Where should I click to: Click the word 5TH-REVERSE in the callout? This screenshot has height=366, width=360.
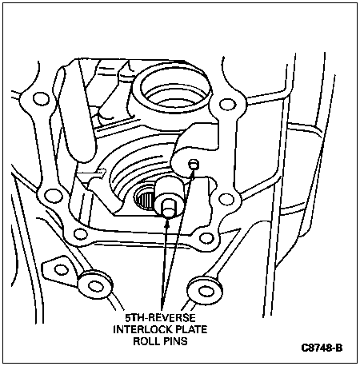pos(161,318)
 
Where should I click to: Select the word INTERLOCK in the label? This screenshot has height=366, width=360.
pos(140,329)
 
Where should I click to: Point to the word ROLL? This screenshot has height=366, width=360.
pos(146,341)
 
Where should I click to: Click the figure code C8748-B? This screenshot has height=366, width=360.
pos(322,348)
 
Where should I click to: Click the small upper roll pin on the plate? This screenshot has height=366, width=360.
pos(194,164)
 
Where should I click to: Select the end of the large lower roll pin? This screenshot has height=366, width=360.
pos(168,208)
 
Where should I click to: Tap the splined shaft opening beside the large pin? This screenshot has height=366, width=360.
pos(143,199)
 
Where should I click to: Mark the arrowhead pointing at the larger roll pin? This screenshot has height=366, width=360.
pos(167,225)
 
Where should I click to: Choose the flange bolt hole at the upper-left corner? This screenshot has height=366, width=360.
pos(41,98)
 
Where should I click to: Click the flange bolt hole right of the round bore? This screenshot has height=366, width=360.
pos(227,104)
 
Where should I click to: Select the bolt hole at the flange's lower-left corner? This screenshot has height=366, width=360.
pos(80,233)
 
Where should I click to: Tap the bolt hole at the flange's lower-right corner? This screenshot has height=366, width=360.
pos(206,238)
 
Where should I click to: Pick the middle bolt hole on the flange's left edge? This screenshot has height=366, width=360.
pos(53,196)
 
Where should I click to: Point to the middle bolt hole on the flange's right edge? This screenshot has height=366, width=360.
pos(226,199)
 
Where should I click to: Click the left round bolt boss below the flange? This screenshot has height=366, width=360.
pos(94,285)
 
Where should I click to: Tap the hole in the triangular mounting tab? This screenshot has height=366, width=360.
pos(61,269)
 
